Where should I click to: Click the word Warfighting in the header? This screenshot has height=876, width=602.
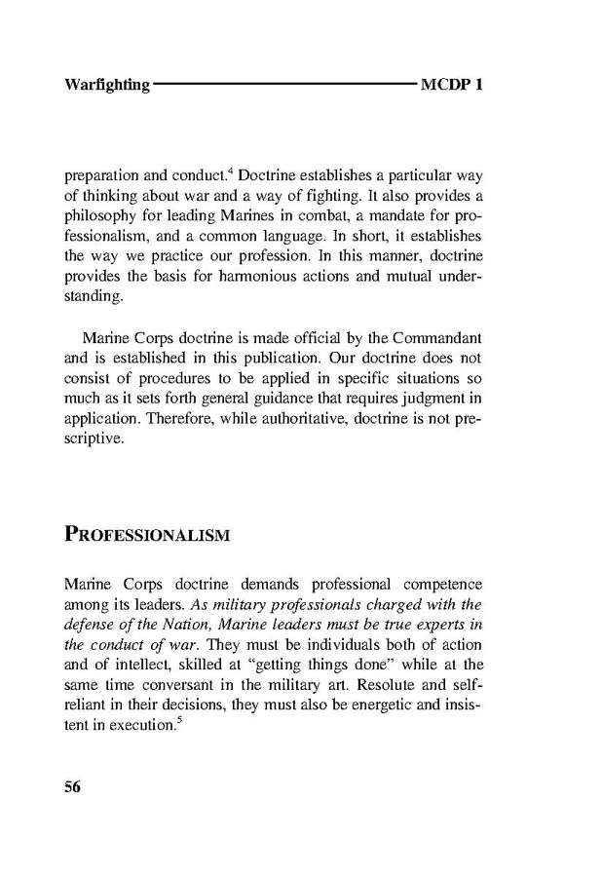(106, 85)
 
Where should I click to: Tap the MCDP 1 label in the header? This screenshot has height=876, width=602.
(452, 85)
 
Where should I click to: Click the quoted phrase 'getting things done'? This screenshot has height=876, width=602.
(322, 666)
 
